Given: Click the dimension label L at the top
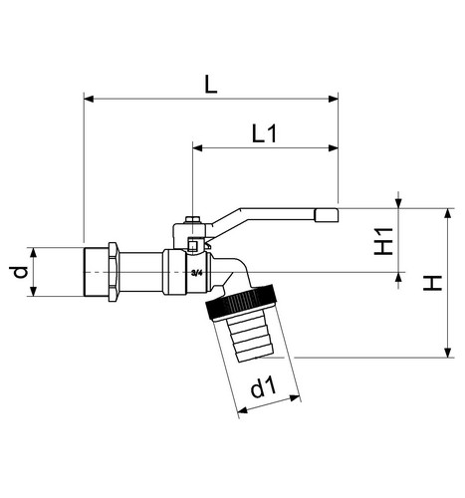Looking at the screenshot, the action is click(210, 84).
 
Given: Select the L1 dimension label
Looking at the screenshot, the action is click(264, 133).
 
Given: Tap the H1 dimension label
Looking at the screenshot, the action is click(383, 241).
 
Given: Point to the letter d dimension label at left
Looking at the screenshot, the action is click(20, 272).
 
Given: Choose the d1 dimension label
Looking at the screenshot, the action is click(263, 387).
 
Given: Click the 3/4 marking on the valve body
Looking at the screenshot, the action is click(197, 273).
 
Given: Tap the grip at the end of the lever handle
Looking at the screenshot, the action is click(327, 216).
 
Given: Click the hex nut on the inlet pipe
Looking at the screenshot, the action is click(113, 272).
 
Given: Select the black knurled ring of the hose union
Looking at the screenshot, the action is click(241, 301).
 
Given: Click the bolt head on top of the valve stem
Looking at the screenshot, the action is click(192, 220).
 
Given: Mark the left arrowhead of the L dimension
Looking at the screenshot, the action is click(89, 99).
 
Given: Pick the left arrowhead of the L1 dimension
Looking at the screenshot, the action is click(197, 147).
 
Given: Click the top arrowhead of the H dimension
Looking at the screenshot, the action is click(448, 213).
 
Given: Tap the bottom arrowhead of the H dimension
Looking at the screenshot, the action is click(448, 353).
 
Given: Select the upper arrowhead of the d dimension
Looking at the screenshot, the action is click(33, 252).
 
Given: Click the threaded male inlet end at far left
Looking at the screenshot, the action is click(96, 272).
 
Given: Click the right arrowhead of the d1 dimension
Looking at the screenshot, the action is click(295, 397).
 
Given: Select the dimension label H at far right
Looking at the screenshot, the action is click(432, 283).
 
